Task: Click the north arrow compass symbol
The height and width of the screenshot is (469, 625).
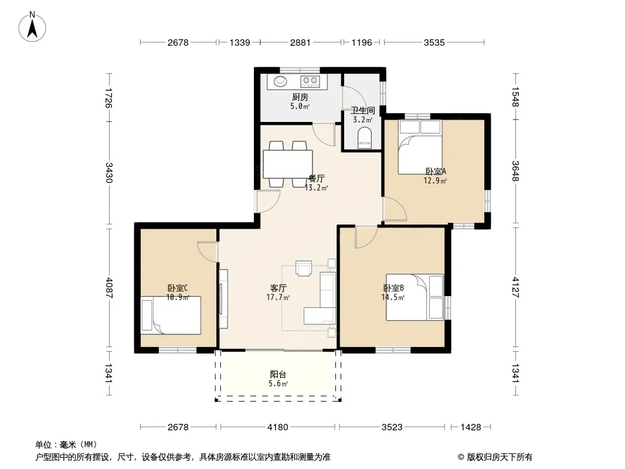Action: tap(32, 26)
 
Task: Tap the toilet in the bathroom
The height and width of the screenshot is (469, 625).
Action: tap(364, 138)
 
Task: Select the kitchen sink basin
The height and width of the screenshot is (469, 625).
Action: tap(280, 81)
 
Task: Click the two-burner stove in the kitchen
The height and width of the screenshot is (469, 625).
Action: tap(310, 81)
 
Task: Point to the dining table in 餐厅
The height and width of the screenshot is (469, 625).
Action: tap(288, 164)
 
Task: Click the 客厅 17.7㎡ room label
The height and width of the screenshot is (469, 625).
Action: tap(278, 293)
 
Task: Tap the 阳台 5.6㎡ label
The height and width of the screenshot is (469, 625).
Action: tap(278, 379)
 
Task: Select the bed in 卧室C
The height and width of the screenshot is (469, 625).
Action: tap(171, 315)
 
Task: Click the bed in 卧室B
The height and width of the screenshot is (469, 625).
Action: tap(415, 297)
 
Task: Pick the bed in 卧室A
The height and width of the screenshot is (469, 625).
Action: tap(420, 147)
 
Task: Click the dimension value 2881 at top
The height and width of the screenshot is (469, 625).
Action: tap(300, 42)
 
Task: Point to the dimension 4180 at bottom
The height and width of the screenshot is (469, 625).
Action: tap(277, 427)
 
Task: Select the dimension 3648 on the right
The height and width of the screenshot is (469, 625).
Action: tap(516, 171)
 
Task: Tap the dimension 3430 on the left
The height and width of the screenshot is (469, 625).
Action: tap(109, 172)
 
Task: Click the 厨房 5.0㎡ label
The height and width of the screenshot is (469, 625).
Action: tap(300, 101)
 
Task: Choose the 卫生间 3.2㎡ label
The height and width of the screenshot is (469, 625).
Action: tap(363, 115)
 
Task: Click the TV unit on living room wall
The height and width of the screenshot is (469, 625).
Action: tap(223, 298)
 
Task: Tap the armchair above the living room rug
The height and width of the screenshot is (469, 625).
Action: tap(304, 268)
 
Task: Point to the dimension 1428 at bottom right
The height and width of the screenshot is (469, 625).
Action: tap(471, 427)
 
